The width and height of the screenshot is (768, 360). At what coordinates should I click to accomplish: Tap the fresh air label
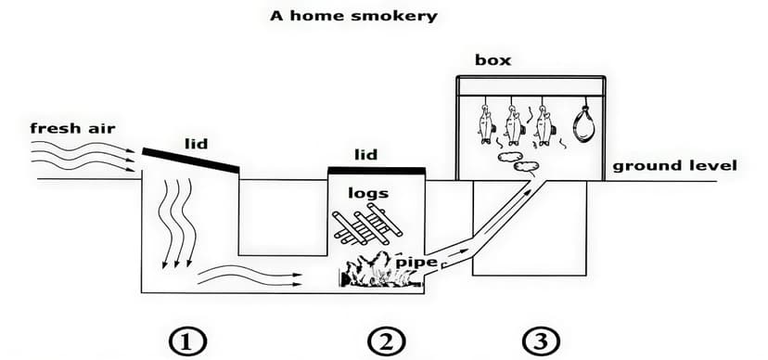tap(72, 128)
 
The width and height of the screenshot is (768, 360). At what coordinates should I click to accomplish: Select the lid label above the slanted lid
tap(195, 145)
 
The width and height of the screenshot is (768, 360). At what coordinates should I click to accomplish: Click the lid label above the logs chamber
tap(366, 154)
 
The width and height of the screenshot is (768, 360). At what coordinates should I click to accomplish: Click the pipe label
tap(416, 263)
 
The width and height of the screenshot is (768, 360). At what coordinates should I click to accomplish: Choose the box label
tap(493, 61)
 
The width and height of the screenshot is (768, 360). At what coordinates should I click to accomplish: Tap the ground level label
tap(674, 166)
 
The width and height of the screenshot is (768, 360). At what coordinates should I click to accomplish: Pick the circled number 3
tap(535, 341)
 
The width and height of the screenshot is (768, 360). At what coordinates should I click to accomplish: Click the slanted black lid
tap(191, 160)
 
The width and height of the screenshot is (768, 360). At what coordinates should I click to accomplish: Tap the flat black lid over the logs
tap(377, 171)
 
